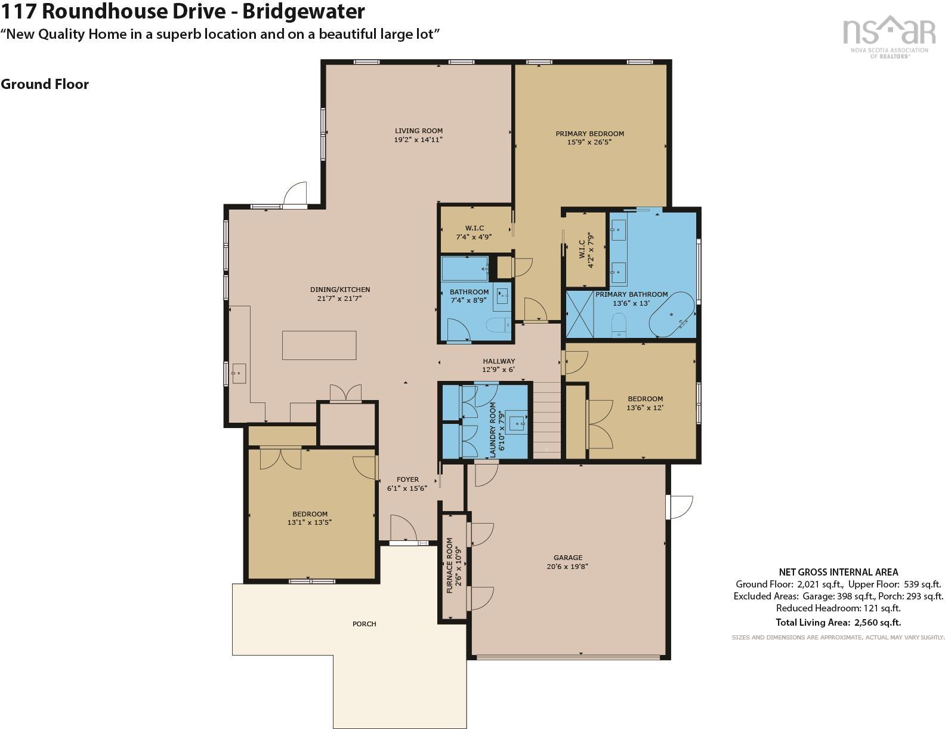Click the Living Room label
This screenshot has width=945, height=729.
point(418,131)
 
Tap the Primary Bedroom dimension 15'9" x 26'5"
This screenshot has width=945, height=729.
point(589,142)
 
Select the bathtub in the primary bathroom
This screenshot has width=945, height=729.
point(672,314)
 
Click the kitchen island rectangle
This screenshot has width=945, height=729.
point(319,345)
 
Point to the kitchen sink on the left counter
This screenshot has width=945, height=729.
point(239,373)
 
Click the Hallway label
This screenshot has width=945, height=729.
point(499,361)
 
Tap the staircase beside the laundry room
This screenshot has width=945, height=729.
point(546,420)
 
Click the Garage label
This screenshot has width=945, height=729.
point(567,558)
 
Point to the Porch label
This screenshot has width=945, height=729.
point(364,624)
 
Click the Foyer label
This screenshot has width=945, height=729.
point(407,479)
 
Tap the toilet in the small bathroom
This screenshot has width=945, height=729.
point(497,325)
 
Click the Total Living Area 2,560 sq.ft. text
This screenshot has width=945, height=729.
point(838,622)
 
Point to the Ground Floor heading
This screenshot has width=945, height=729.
point(45,84)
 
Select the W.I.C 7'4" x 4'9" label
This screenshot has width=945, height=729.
point(474,232)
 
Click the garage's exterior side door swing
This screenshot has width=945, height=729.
point(681,506)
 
